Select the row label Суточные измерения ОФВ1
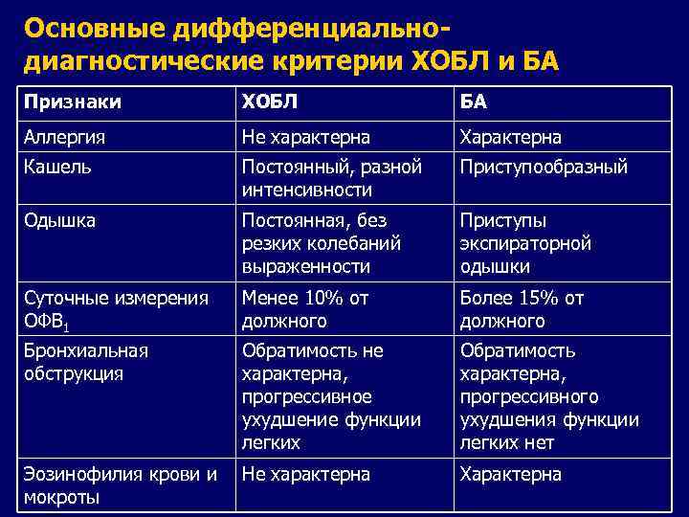(x=115, y=308)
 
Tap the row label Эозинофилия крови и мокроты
(x=121, y=484)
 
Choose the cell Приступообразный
(x=543, y=167)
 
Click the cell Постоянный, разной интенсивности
(x=331, y=178)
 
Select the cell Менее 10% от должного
(x=304, y=308)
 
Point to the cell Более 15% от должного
(x=522, y=308)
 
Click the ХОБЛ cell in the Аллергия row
(x=305, y=136)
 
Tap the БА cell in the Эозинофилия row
(x=510, y=474)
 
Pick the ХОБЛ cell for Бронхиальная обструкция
(x=331, y=396)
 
